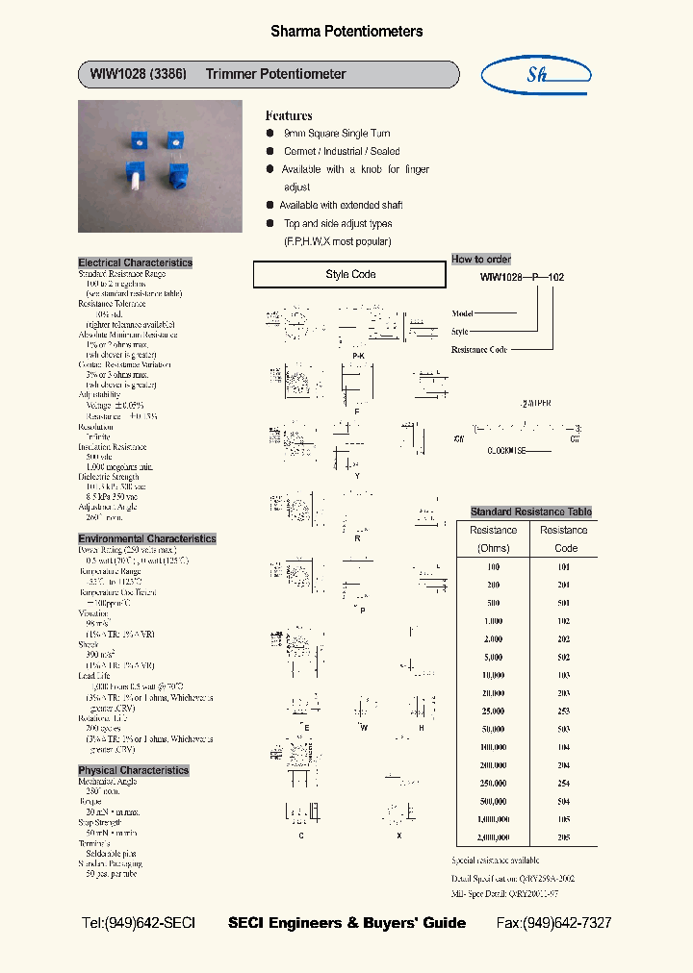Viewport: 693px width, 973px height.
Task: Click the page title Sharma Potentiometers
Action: tap(346, 32)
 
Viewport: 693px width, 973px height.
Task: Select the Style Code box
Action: tap(349, 275)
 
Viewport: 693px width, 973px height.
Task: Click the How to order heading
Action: tap(481, 260)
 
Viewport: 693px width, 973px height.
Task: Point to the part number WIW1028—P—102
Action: tap(522, 277)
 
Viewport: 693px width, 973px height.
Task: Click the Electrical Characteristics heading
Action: tap(135, 262)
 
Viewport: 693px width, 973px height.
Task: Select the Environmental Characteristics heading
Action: tap(146, 538)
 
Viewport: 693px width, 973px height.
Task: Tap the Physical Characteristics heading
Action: tap(133, 770)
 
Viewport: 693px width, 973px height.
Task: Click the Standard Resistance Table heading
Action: tap(530, 511)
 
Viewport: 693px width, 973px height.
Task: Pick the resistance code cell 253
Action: tap(563, 711)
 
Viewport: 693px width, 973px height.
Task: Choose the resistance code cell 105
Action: tap(563, 819)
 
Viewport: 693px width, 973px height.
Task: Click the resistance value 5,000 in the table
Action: tap(493, 658)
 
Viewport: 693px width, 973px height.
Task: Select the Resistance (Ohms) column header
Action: tap(493, 538)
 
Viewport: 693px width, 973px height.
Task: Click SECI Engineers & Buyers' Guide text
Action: tap(346, 923)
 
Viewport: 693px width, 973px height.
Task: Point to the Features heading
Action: tap(289, 115)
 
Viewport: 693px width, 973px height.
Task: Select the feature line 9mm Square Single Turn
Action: tap(337, 134)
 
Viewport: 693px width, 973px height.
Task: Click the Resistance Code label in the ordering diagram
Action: tap(478, 350)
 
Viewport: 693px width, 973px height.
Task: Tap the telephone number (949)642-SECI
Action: tap(139, 923)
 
